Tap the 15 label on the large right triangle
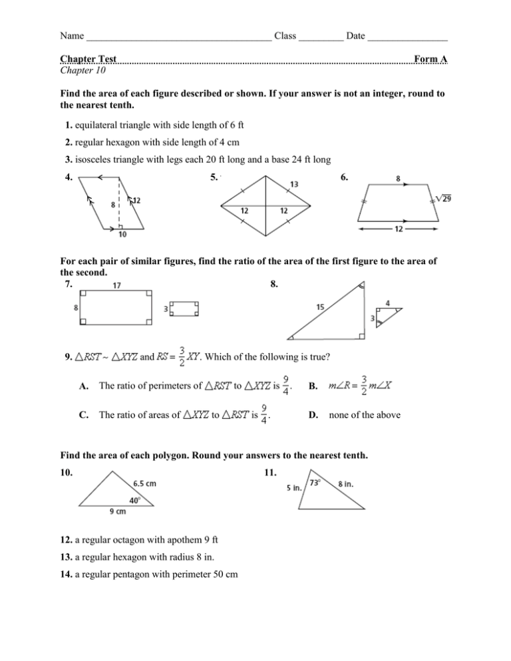click(x=321, y=307)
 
